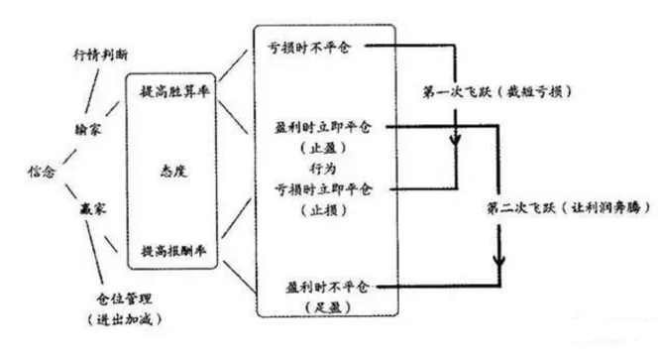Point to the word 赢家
coord(91,211)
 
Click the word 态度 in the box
coord(175,171)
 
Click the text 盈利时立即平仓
coord(317,128)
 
